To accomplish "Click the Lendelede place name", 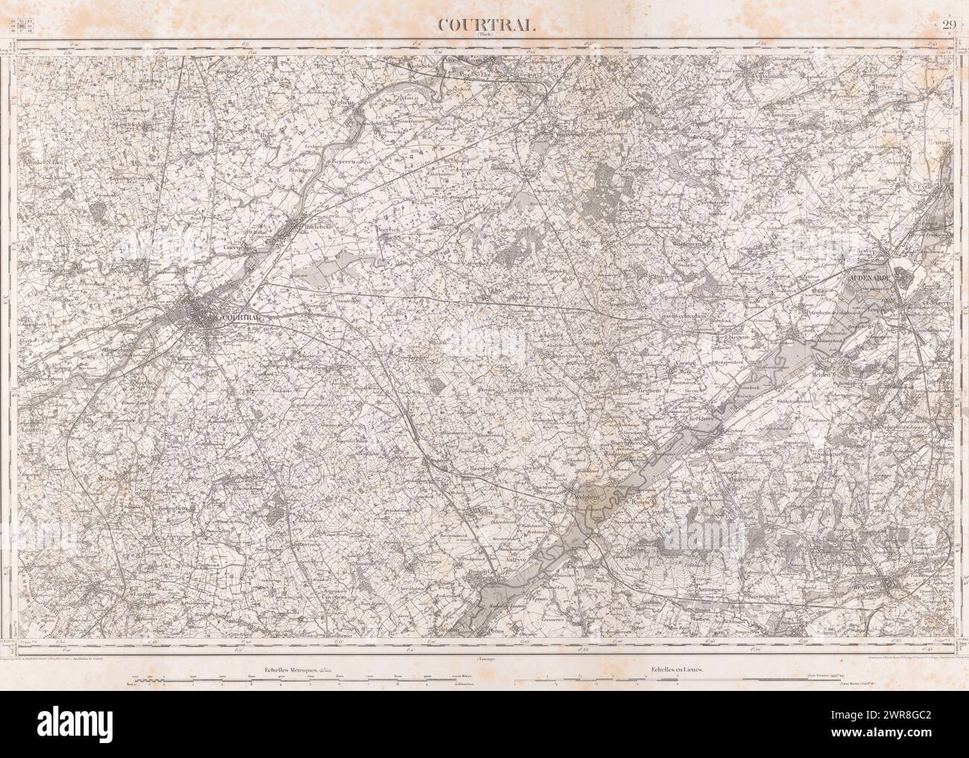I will click(133, 124).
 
